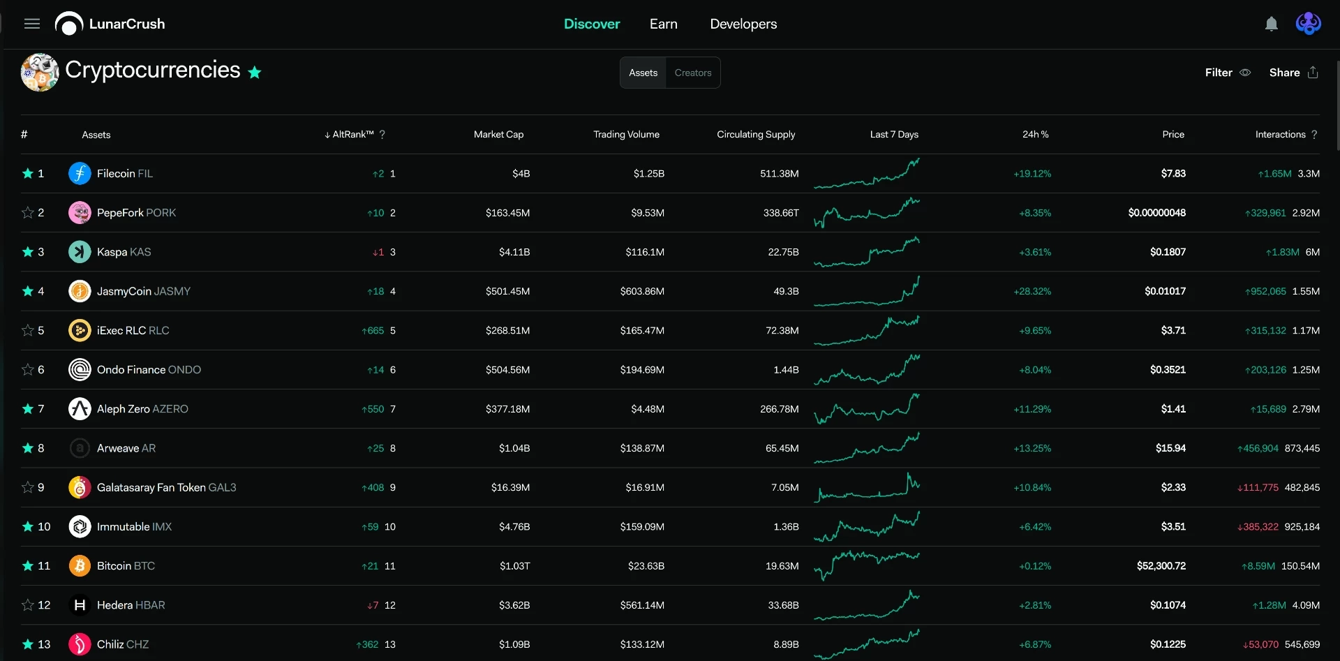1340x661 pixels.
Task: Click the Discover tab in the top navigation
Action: click(x=592, y=24)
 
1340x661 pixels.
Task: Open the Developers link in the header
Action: click(x=743, y=24)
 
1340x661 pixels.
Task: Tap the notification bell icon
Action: click(x=1272, y=24)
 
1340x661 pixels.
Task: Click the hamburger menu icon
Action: click(x=32, y=24)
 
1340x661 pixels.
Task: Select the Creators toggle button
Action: click(x=693, y=73)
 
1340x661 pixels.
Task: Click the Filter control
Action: click(x=1228, y=73)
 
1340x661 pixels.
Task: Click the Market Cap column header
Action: click(x=498, y=135)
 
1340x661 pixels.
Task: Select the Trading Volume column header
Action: click(x=626, y=135)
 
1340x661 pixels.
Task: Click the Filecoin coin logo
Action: click(x=80, y=173)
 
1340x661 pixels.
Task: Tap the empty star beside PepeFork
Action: click(x=28, y=213)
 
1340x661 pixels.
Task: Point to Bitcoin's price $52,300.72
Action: click(x=1161, y=566)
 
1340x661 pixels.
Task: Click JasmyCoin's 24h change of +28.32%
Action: click(x=1032, y=291)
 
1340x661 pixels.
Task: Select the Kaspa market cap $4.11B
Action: click(x=514, y=252)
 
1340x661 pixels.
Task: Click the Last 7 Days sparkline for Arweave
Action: click(x=867, y=447)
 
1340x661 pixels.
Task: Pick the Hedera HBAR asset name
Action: click(x=131, y=605)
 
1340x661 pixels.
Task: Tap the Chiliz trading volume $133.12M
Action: click(x=642, y=644)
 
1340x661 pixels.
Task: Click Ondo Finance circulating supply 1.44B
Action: click(x=786, y=370)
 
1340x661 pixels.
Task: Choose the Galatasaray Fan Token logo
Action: click(x=80, y=487)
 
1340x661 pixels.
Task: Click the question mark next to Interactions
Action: click(x=1314, y=135)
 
